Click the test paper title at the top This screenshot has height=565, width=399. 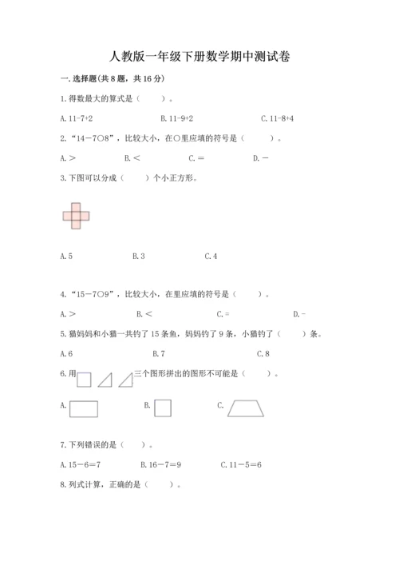[199, 57]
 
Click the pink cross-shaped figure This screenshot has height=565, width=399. [76, 215]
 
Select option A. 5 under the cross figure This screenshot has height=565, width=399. [66, 256]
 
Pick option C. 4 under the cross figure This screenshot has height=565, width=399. [211, 256]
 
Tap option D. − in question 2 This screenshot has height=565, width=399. [260, 157]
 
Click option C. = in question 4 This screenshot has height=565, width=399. [222, 314]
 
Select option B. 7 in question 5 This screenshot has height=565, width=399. [158, 353]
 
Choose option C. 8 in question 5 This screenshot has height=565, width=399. [263, 353]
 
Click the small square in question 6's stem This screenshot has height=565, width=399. [85, 380]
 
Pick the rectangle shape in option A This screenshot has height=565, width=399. [84, 408]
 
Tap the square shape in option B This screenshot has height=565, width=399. [164, 408]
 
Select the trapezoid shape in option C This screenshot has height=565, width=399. [251, 408]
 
